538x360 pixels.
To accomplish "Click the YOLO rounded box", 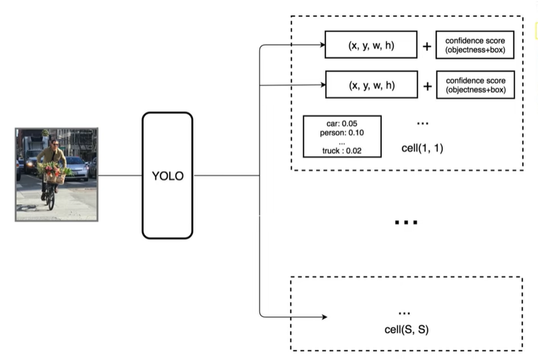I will click(x=167, y=176).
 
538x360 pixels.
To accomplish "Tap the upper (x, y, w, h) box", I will click(x=371, y=45).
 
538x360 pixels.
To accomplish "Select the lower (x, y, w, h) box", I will click(x=371, y=86).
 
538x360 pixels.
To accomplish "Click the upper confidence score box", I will click(x=475, y=45).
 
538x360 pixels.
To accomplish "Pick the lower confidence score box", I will click(x=475, y=86).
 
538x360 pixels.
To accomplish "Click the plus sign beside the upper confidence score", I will click(x=427, y=46).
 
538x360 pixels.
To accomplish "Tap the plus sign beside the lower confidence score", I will click(x=427, y=86).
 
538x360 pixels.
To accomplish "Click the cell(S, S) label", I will click(x=406, y=330).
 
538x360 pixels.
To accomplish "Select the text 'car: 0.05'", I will click(x=342, y=124).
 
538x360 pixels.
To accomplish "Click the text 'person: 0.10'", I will click(x=342, y=133).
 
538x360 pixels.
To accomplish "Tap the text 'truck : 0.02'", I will click(x=342, y=151).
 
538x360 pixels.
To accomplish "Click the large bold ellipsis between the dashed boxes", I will click(x=406, y=222).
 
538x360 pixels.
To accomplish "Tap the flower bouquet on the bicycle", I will click(x=54, y=171).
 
